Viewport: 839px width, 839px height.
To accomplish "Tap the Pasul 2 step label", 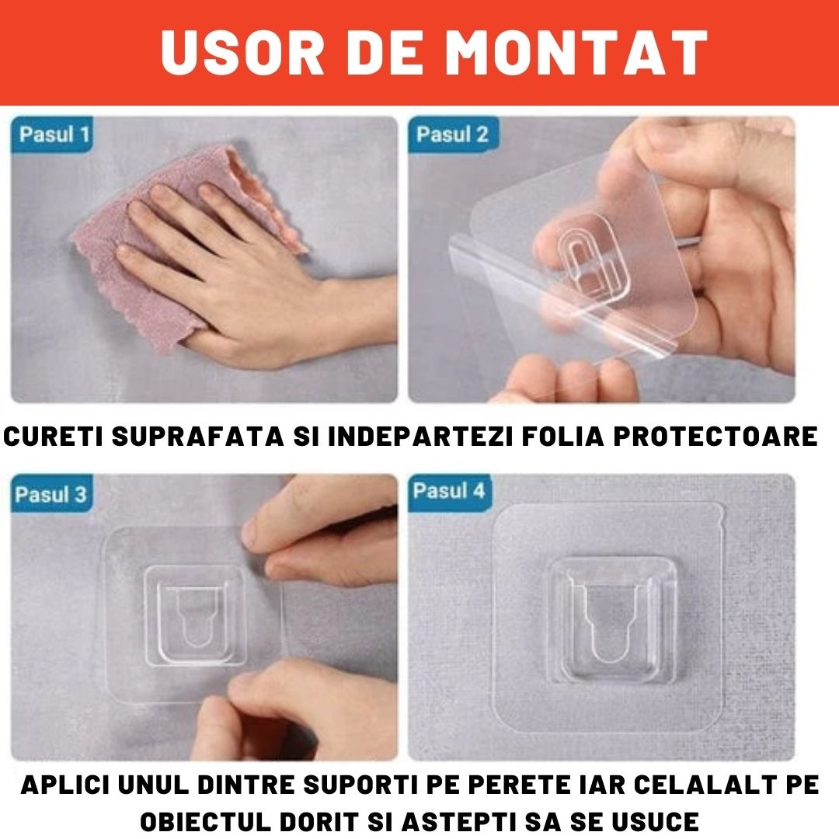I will click(x=452, y=134).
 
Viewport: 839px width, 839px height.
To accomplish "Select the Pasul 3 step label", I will click(x=51, y=494).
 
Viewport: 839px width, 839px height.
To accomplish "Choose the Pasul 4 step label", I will click(x=449, y=491).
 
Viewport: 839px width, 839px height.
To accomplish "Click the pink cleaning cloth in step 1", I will click(x=117, y=264).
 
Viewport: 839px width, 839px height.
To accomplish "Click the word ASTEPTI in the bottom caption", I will click(x=436, y=820).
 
